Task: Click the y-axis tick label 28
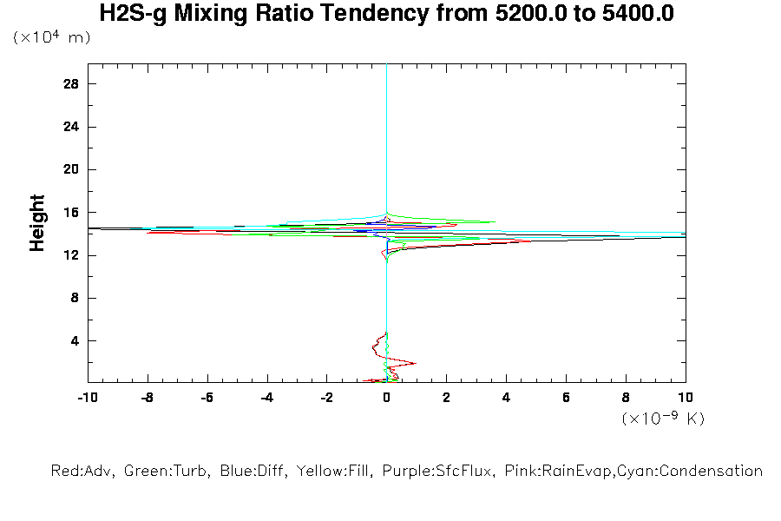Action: point(72,84)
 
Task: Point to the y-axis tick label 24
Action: point(72,127)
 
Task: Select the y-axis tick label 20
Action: point(72,169)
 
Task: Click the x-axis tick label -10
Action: point(87,398)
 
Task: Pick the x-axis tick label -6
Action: point(207,398)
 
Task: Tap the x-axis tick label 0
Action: point(386,398)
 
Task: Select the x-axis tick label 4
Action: point(506,398)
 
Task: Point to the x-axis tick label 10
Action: point(685,398)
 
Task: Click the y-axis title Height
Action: point(37,223)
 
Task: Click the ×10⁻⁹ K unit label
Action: point(663,418)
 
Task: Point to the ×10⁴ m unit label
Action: point(52,38)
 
